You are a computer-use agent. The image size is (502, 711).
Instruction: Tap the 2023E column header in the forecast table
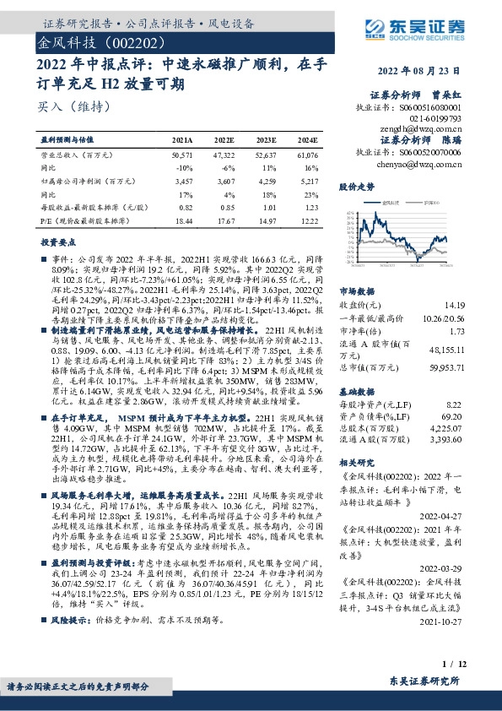pyautogui.click(x=266, y=140)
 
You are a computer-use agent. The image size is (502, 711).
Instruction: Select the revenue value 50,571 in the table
pyautogui.click(x=182, y=156)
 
